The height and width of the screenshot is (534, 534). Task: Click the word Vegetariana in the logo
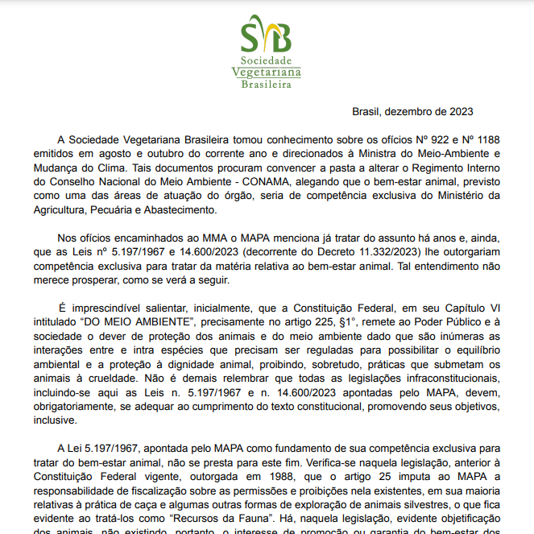[267, 72]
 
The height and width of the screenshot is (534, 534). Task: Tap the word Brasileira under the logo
[267, 84]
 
